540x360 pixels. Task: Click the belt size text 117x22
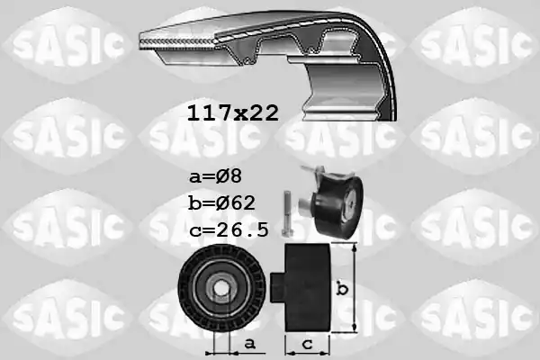click(x=232, y=112)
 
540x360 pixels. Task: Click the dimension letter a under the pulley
click(x=250, y=342)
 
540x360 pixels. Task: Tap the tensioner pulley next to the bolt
click(x=334, y=206)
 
